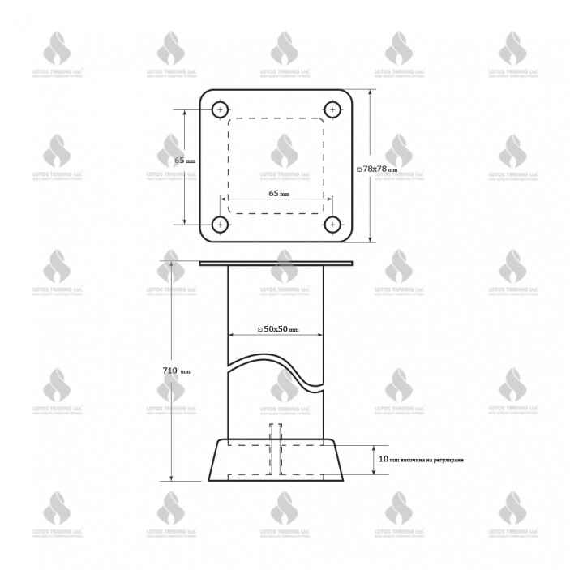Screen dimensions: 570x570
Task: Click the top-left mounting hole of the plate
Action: coord(220,109)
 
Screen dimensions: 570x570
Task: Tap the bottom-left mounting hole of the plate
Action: coord(220,223)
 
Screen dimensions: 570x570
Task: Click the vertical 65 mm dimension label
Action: coord(185,161)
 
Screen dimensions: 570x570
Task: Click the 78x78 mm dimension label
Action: coord(379,169)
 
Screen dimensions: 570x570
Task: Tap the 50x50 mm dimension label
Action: coord(278,328)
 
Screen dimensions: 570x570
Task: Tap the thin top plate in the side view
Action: coord(276,263)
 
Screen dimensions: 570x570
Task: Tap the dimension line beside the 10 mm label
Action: coord(372,460)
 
